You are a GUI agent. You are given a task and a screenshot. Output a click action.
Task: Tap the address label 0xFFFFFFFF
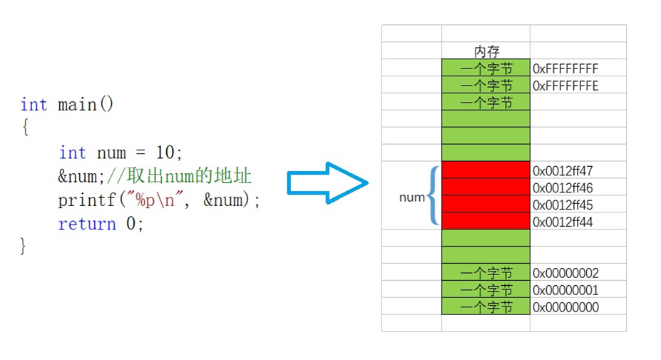pos(565,68)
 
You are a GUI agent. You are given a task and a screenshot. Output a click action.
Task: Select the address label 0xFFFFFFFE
pos(565,86)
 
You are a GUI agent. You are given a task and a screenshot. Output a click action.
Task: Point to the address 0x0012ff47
pos(563,171)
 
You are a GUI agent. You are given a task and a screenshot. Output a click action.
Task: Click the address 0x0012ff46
pos(563,188)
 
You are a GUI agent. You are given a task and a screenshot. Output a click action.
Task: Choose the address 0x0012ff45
pos(563,205)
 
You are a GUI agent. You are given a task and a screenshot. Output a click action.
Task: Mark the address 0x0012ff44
pos(563,222)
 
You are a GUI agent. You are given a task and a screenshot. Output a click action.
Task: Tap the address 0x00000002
pos(565,274)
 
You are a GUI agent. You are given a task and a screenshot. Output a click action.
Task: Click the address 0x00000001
pos(565,291)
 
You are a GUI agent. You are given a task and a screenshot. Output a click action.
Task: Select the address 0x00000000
pos(565,308)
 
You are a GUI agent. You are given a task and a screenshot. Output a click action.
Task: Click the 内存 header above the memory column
pos(486,51)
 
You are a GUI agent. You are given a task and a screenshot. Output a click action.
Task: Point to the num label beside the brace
pos(411,197)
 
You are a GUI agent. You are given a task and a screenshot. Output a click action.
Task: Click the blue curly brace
pos(433,196)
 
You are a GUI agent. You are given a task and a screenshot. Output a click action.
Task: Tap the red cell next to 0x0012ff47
pos(486,171)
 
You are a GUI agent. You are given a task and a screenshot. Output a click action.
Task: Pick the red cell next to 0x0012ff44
pos(486,222)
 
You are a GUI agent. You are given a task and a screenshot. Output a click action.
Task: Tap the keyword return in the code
pos(87,224)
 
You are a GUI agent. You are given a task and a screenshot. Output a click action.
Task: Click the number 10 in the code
pos(165,153)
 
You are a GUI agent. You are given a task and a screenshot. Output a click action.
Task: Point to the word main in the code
pos(77,105)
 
